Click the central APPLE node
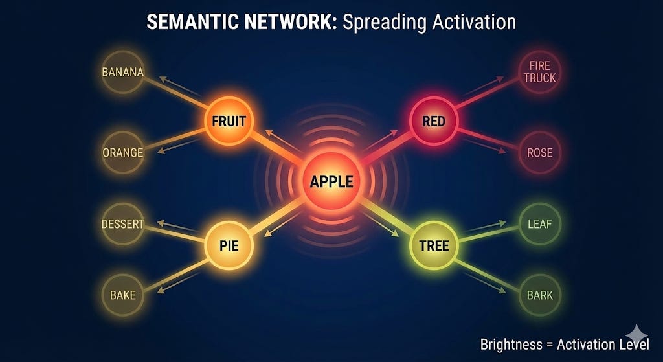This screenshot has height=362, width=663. (331, 181)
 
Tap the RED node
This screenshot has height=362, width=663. (433, 120)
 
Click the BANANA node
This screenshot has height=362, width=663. (122, 72)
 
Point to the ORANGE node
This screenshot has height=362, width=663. (122, 153)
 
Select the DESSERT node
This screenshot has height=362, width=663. (122, 225)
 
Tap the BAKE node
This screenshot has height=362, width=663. (122, 295)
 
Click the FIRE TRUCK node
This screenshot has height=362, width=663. (539, 72)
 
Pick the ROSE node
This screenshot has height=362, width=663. (539, 153)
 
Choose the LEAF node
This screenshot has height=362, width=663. (539, 225)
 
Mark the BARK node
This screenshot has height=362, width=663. (539, 295)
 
